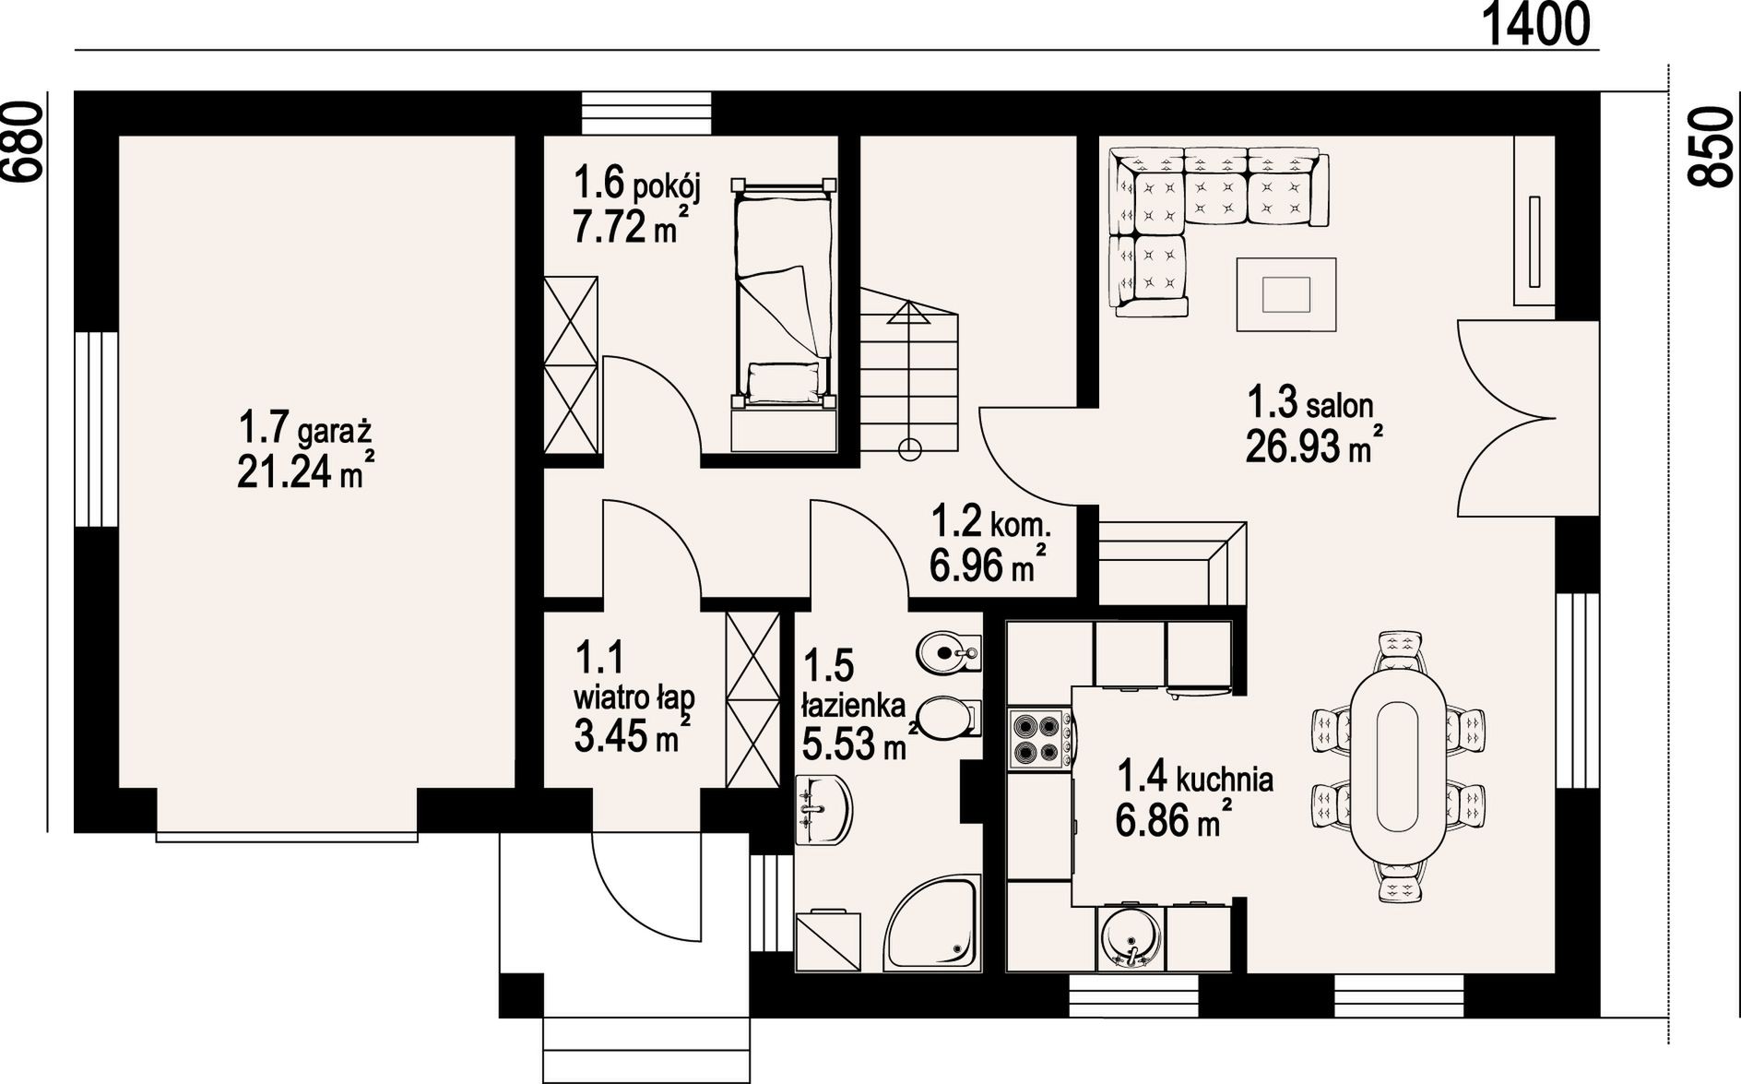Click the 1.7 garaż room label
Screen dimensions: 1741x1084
tap(304, 430)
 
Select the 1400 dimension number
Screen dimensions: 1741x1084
tap(1535, 24)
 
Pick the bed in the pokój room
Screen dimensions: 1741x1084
tap(783, 293)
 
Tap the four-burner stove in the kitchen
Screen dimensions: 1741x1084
tap(1040, 738)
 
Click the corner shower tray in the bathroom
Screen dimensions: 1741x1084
tap(932, 923)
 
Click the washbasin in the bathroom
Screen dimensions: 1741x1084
tap(823, 810)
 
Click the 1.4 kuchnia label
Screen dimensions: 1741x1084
tap(1195, 778)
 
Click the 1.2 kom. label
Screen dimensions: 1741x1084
tap(990, 522)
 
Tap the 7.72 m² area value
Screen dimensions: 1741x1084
tap(631, 225)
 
